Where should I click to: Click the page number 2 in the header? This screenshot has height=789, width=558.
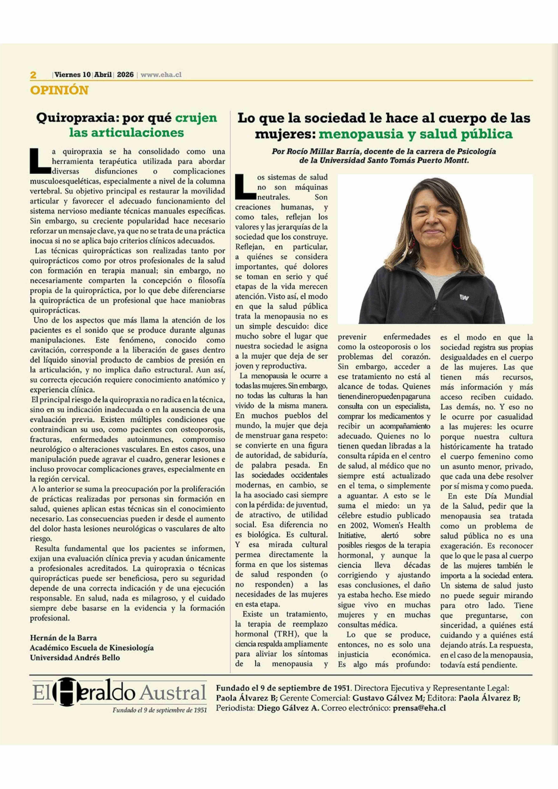point(33,75)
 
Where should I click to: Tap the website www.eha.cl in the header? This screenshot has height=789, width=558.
point(161,75)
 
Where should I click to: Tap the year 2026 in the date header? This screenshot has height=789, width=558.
point(125,75)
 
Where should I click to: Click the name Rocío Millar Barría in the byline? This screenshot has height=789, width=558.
point(322,151)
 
